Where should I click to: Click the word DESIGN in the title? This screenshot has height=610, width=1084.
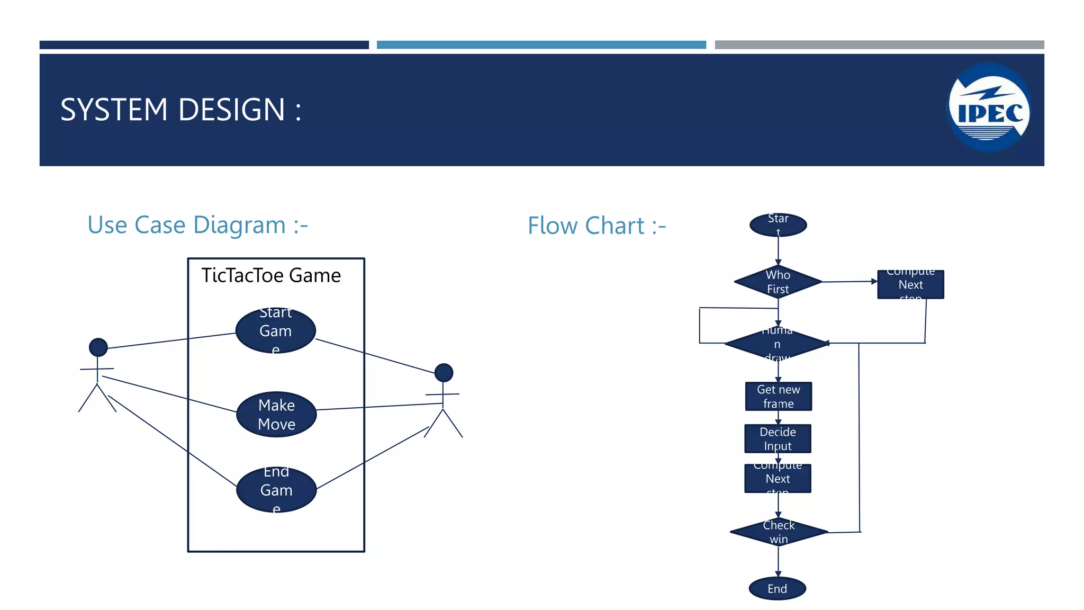pyautogui.click(x=232, y=110)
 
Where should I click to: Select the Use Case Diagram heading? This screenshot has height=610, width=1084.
pyautogui.click(x=197, y=225)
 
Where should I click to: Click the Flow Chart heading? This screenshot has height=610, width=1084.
pyautogui.click(x=597, y=226)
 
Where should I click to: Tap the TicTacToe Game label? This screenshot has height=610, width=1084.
pyautogui.click(x=271, y=275)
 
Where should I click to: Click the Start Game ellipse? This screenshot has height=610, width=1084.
pyautogui.click(x=275, y=330)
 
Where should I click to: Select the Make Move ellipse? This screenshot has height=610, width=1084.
pyautogui.click(x=276, y=415)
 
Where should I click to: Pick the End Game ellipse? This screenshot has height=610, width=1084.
pyautogui.click(x=276, y=490)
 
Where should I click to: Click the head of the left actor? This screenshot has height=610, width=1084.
pyautogui.click(x=98, y=347)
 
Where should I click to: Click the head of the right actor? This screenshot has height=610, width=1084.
pyautogui.click(x=444, y=373)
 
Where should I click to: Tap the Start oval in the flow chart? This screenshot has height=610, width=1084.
pyautogui.click(x=778, y=225)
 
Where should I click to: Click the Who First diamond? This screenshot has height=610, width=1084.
pyautogui.click(x=778, y=282)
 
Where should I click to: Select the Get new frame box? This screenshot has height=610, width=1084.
pyautogui.click(x=778, y=397)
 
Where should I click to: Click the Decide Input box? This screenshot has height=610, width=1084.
pyautogui.click(x=778, y=438)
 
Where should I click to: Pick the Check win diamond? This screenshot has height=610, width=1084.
pyautogui.click(x=779, y=532)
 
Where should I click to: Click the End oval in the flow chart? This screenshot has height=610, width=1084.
pyautogui.click(x=777, y=588)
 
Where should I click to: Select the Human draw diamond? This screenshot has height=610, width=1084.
pyautogui.click(x=777, y=344)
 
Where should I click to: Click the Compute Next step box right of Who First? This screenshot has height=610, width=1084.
pyautogui.click(x=910, y=284)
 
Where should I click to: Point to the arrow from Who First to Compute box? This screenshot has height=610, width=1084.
pyautogui.click(x=849, y=282)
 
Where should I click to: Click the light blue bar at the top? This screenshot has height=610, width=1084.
pyautogui.click(x=541, y=45)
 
